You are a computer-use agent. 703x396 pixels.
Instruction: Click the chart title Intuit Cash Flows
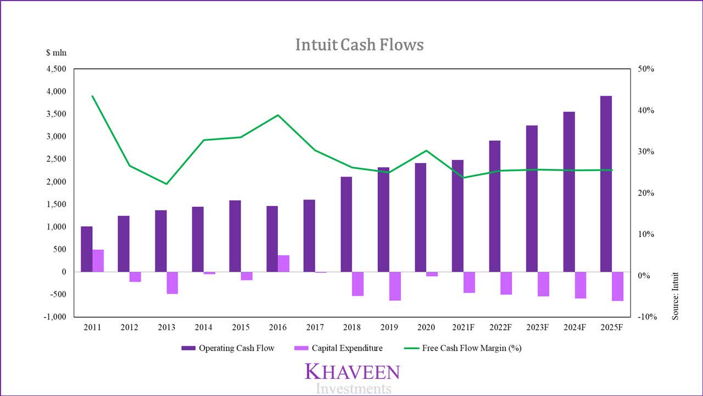click(x=359, y=45)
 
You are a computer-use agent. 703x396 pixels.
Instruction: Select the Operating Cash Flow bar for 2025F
click(x=606, y=184)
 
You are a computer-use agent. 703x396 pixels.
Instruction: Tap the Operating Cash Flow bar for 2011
click(x=87, y=249)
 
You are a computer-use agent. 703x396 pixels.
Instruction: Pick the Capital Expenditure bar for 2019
click(x=395, y=286)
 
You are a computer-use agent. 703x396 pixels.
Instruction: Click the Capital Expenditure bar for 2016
click(x=283, y=263)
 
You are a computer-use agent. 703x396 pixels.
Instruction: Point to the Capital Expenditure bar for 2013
click(x=172, y=283)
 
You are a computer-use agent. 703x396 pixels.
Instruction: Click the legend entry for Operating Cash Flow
click(x=227, y=348)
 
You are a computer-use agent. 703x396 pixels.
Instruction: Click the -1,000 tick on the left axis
click(x=54, y=317)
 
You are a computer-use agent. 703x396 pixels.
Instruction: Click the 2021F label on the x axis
click(x=463, y=328)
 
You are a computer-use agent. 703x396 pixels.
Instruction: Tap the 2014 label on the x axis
click(x=203, y=328)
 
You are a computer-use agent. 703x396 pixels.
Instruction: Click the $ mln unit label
click(x=55, y=53)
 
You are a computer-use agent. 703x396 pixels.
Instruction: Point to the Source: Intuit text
click(x=676, y=296)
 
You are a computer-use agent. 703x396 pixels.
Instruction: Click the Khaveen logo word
click(x=352, y=372)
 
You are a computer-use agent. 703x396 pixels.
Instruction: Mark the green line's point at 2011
click(x=92, y=96)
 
